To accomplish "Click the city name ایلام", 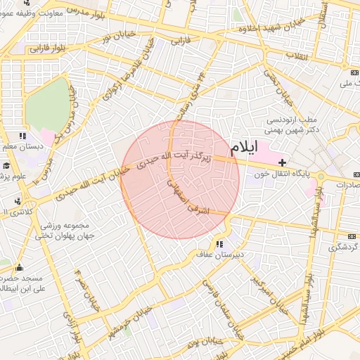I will [244, 147].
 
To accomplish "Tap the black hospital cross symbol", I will [283, 163].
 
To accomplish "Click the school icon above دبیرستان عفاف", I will [220, 244].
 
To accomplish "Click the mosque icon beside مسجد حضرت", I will [18, 268].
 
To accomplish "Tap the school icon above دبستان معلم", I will [22, 136].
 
